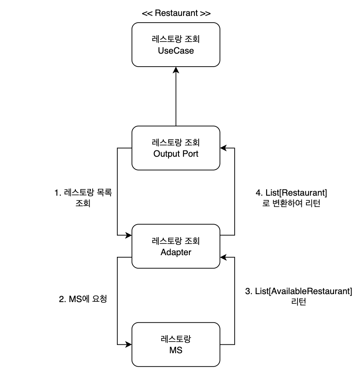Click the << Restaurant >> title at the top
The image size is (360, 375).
[x=176, y=13]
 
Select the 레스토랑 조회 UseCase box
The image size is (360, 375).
[x=176, y=44]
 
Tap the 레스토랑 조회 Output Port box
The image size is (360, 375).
[x=176, y=148]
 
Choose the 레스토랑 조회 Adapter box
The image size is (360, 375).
[x=176, y=246]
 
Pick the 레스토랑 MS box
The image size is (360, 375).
[x=176, y=344]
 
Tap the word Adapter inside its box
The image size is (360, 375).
[x=176, y=252]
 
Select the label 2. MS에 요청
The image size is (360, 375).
[x=81, y=299]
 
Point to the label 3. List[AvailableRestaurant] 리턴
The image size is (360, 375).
[x=298, y=296]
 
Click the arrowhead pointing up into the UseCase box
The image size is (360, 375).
[x=176, y=70]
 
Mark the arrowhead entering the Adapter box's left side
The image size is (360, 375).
[x=129, y=235]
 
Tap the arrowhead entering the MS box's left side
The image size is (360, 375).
[x=129, y=344]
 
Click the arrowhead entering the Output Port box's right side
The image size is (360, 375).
[x=223, y=148]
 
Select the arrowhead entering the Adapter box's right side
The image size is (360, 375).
[x=223, y=257]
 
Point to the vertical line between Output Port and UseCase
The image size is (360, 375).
[x=176, y=98]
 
